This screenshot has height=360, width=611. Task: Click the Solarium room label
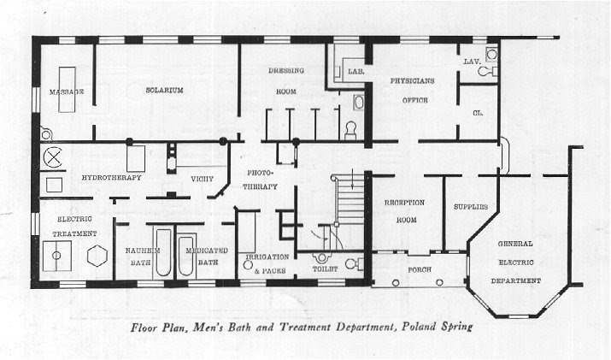(164, 90)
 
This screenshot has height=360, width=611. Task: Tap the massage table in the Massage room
(67, 90)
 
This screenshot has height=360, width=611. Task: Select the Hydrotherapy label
(111, 178)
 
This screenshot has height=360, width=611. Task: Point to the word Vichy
(203, 179)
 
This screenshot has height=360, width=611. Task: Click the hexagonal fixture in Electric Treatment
(97, 257)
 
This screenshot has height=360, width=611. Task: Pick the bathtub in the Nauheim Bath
(163, 252)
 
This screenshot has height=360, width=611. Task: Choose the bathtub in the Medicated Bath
(187, 256)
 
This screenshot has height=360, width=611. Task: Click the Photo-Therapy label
(261, 180)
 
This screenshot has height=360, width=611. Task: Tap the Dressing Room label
(286, 81)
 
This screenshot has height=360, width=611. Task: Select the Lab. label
(356, 72)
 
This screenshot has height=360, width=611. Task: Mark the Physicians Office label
(413, 91)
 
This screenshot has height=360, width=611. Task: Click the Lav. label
(472, 62)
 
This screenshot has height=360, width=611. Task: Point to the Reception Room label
(405, 211)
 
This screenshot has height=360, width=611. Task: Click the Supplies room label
(471, 207)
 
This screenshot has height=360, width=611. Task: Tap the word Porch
(420, 269)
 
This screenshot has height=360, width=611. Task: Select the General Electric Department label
(515, 263)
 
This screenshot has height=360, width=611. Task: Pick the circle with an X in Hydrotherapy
(53, 157)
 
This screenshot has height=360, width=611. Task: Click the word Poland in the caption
(419, 327)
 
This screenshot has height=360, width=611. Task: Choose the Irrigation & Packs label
(267, 263)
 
